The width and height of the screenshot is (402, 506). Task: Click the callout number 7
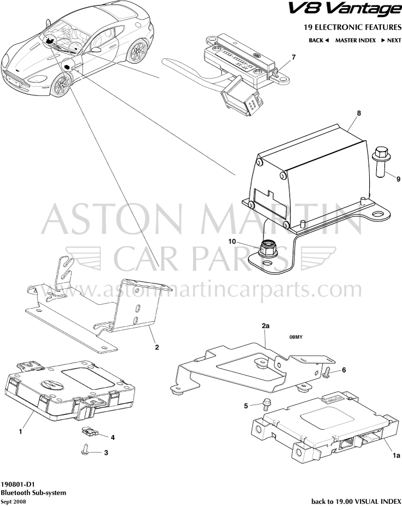pyautogui.click(x=293, y=57)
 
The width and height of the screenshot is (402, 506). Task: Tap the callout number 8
pyautogui.click(x=359, y=113)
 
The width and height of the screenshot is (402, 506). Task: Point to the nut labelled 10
pyautogui.click(x=268, y=250)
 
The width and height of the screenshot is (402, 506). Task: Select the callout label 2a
pyautogui.click(x=266, y=326)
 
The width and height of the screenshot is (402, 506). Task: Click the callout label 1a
pyautogui.click(x=396, y=456)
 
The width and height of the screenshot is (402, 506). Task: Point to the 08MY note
pyautogui.click(x=296, y=337)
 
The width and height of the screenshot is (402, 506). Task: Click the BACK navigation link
pyautogui.click(x=319, y=40)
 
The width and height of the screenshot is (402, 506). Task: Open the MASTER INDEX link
pyautogui.click(x=356, y=40)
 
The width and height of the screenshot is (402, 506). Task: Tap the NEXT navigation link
pyautogui.click(x=391, y=40)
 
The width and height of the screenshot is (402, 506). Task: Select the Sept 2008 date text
pyautogui.click(x=14, y=502)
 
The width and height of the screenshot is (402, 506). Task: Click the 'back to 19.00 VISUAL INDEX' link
pyautogui.click(x=356, y=502)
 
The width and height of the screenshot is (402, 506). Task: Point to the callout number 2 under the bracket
pyautogui.click(x=157, y=347)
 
